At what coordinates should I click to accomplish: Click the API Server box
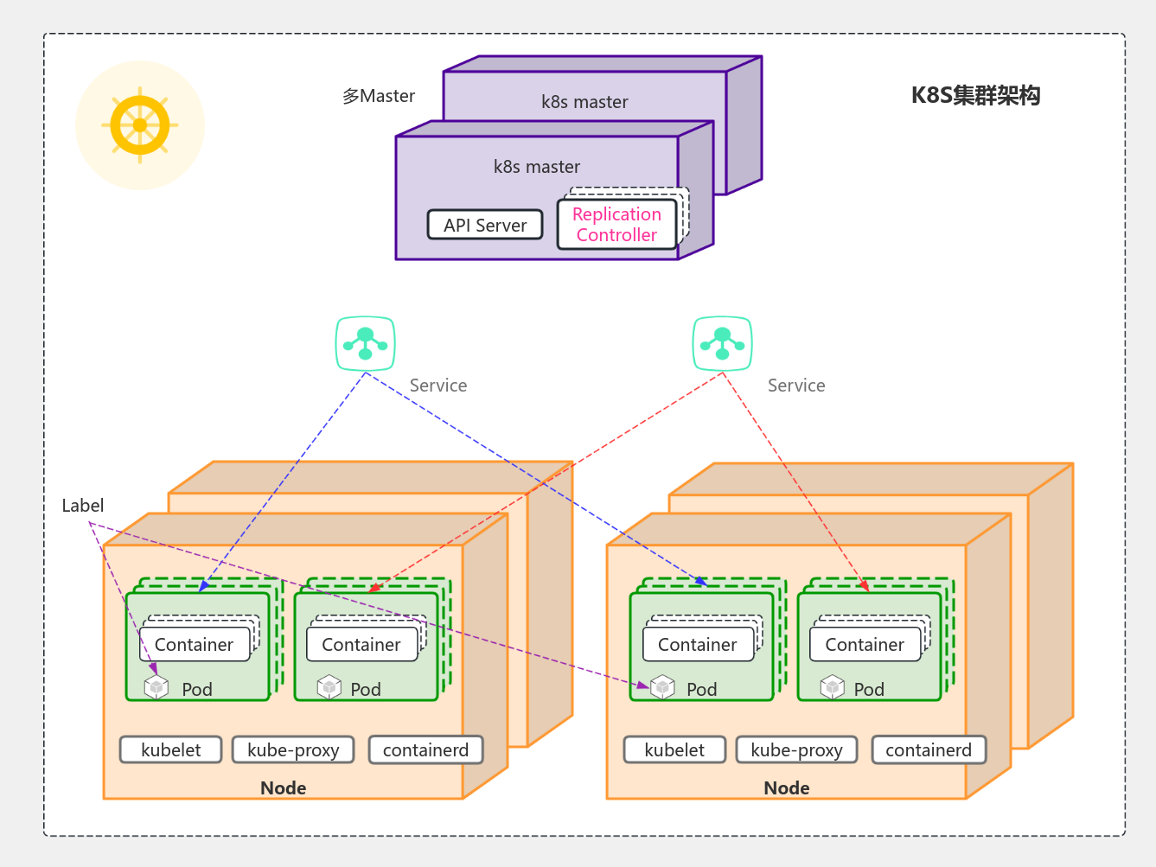485,225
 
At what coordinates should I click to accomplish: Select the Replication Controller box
616,225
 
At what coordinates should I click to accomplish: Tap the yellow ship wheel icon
140,125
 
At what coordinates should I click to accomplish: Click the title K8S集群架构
975,95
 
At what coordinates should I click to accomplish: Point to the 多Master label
379,96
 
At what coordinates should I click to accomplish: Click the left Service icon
365,343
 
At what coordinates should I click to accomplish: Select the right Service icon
722,343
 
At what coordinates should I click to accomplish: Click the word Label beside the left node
83,506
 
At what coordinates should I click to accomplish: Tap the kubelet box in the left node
170,749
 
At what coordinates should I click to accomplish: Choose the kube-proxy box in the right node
796,749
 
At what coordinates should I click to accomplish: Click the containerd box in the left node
425,749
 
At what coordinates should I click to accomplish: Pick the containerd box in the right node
929,749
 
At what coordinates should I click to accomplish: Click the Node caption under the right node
786,787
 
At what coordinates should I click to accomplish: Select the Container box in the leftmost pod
194,645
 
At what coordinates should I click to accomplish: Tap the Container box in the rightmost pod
865,645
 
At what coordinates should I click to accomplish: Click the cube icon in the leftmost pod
156,687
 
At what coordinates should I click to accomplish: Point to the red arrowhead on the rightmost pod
865,587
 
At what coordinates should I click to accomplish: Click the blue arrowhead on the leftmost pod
203,587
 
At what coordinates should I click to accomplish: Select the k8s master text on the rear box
584,102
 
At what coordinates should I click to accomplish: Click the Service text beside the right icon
796,386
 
